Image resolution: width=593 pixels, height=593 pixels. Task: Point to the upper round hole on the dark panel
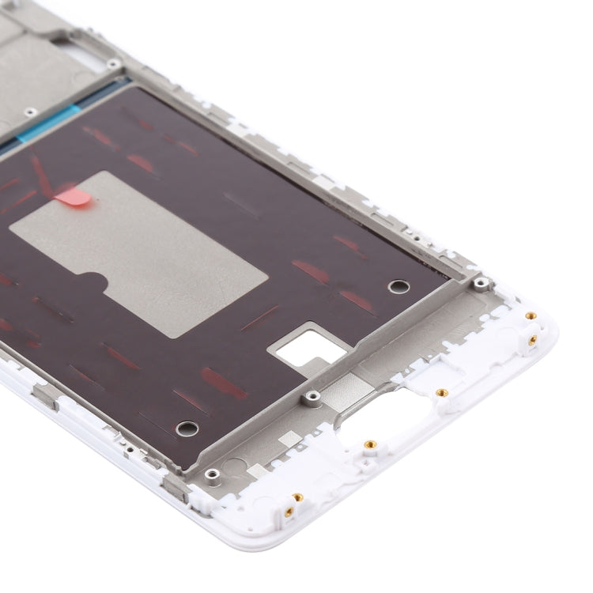(x=399, y=285)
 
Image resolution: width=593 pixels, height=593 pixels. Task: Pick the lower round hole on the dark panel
(x=187, y=429)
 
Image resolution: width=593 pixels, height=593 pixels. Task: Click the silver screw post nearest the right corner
(x=479, y=282)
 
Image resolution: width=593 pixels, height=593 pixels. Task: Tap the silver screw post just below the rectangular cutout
(x=313, y=395)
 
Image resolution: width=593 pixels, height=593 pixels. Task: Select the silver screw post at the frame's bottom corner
(x=212, y=474)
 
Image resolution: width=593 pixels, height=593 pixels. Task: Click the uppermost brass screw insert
(x=531, y=315)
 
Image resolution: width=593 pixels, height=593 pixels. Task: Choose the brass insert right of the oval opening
(x=442, y=392)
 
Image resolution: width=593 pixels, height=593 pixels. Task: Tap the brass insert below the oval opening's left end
(x=369, y=444)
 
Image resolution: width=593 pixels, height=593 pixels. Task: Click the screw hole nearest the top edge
(x=114, y=63)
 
